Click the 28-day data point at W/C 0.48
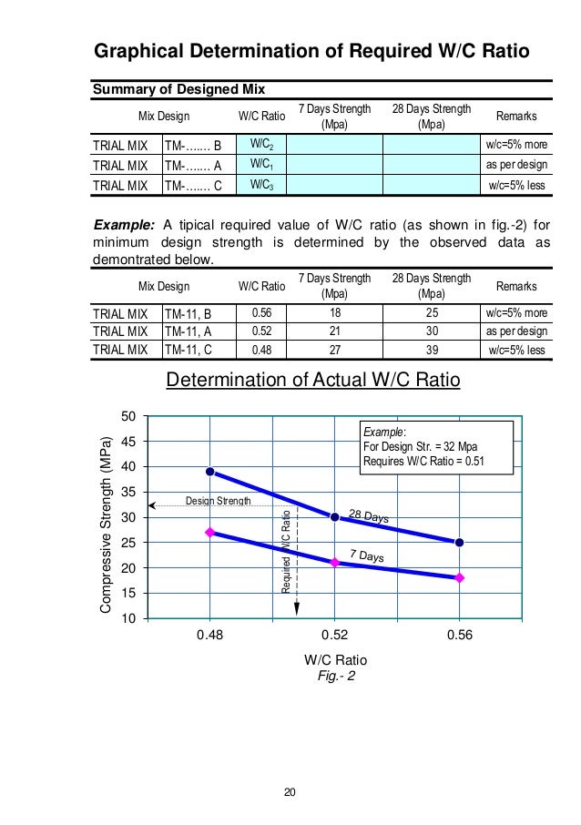(210, 472)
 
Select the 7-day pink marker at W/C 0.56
(459, 577)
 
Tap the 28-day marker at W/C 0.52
(334, 517)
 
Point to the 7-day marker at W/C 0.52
(334, 563)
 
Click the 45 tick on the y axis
(129, 442)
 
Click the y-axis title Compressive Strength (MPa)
(106, 517)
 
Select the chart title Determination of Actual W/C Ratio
(313, 379)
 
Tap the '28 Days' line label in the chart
(369, 516)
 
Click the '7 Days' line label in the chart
(366, 555)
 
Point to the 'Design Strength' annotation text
(219, 502)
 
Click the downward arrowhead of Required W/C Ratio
(297, 608)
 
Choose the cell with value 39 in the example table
(431, 350)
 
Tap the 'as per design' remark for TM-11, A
(516, 332)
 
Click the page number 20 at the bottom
(290, 790)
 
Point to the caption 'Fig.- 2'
(334, 677)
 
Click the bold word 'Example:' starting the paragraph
(123, 226)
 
